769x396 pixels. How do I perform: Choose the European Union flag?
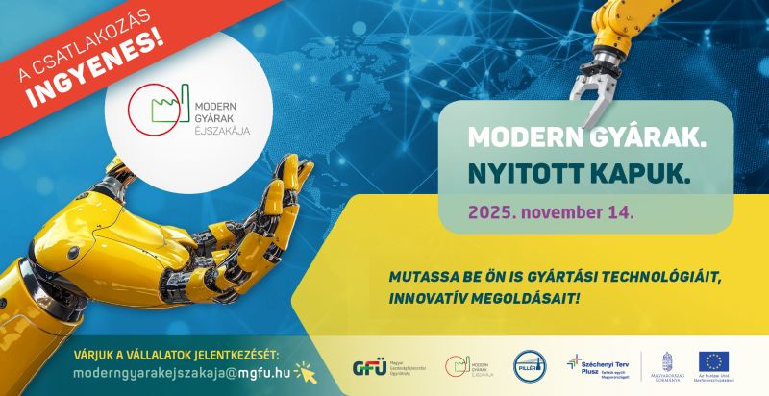pos(714,361)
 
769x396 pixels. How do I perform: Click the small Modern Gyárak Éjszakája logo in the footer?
pos(467,367)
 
